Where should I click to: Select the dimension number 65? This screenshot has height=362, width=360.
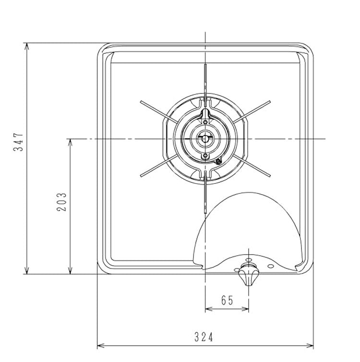tap(227, 300)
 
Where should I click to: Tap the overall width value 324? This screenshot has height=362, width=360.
tap(204, 337)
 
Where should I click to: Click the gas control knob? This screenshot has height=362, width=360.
tap(248, 275)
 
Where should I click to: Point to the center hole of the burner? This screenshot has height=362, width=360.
tap(205, 139)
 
